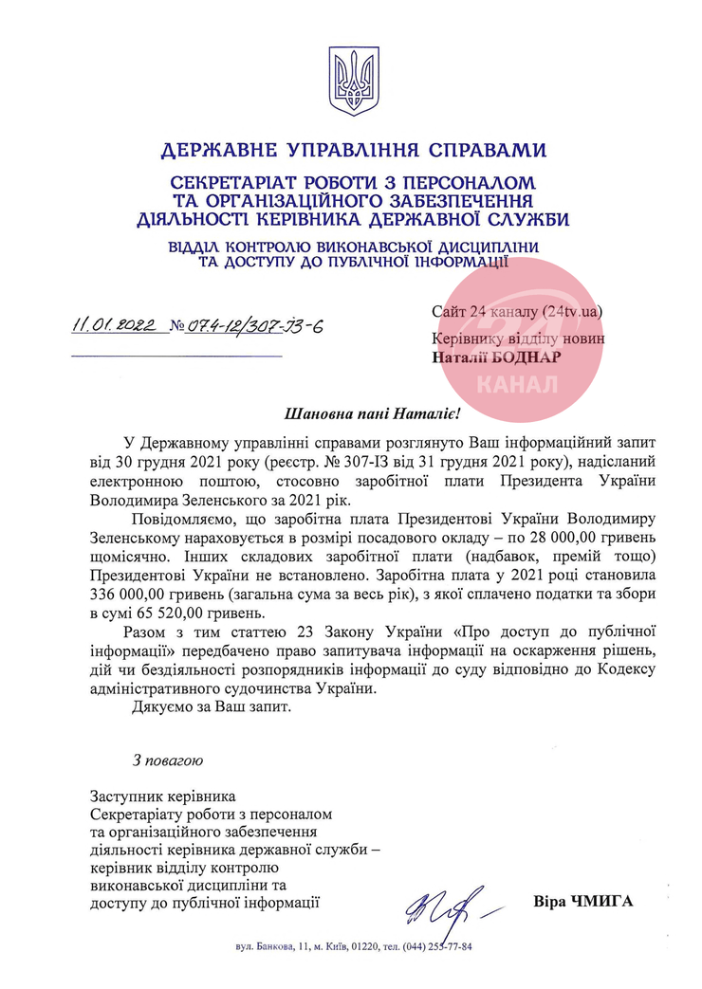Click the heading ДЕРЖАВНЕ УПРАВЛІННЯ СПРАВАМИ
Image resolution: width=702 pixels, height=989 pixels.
coord(353,150)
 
